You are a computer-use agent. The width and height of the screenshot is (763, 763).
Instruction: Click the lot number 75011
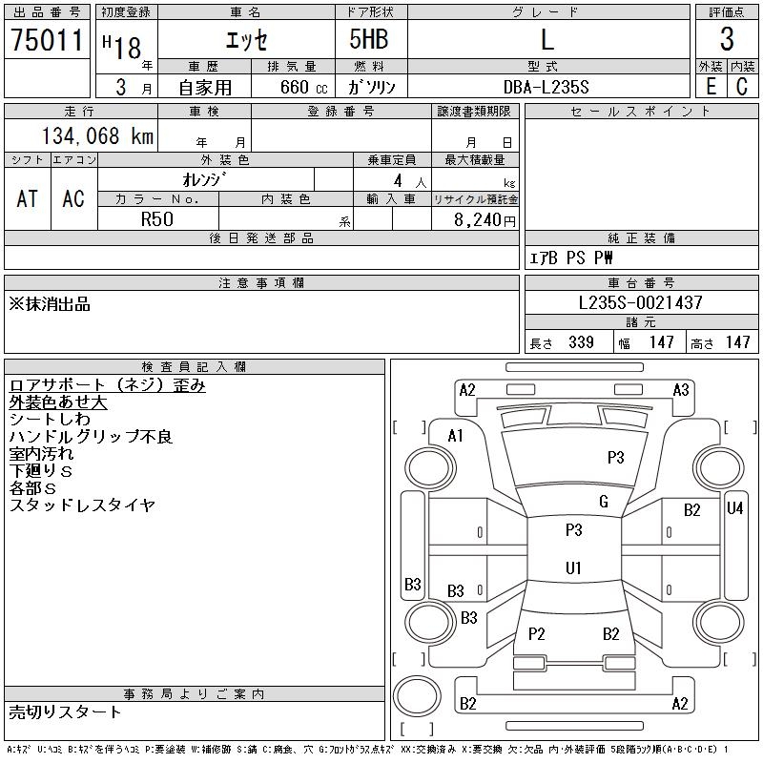point(47,41)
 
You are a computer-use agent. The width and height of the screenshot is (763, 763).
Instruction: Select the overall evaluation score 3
point(727,39)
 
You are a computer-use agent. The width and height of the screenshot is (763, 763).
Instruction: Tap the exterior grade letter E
point(711,86)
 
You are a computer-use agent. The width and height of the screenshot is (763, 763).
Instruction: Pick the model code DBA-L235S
point(546,87)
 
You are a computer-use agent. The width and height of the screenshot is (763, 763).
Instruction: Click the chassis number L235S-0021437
point(641,302)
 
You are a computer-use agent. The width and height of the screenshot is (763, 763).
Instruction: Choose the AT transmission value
point(28,198)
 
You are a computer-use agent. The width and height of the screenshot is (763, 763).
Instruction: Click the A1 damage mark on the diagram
point(455,436)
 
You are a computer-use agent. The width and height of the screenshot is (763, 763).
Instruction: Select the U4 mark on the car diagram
point(734,508)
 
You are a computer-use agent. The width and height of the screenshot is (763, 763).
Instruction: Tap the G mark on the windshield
point(604,502)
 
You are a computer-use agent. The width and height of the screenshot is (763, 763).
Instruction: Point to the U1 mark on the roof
point(573,567)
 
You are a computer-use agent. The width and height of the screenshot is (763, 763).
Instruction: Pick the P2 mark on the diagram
point(536,633)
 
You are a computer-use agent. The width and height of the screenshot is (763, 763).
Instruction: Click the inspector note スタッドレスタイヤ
point(82,505)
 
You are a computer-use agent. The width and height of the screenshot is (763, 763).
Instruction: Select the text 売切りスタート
point(66,711)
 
